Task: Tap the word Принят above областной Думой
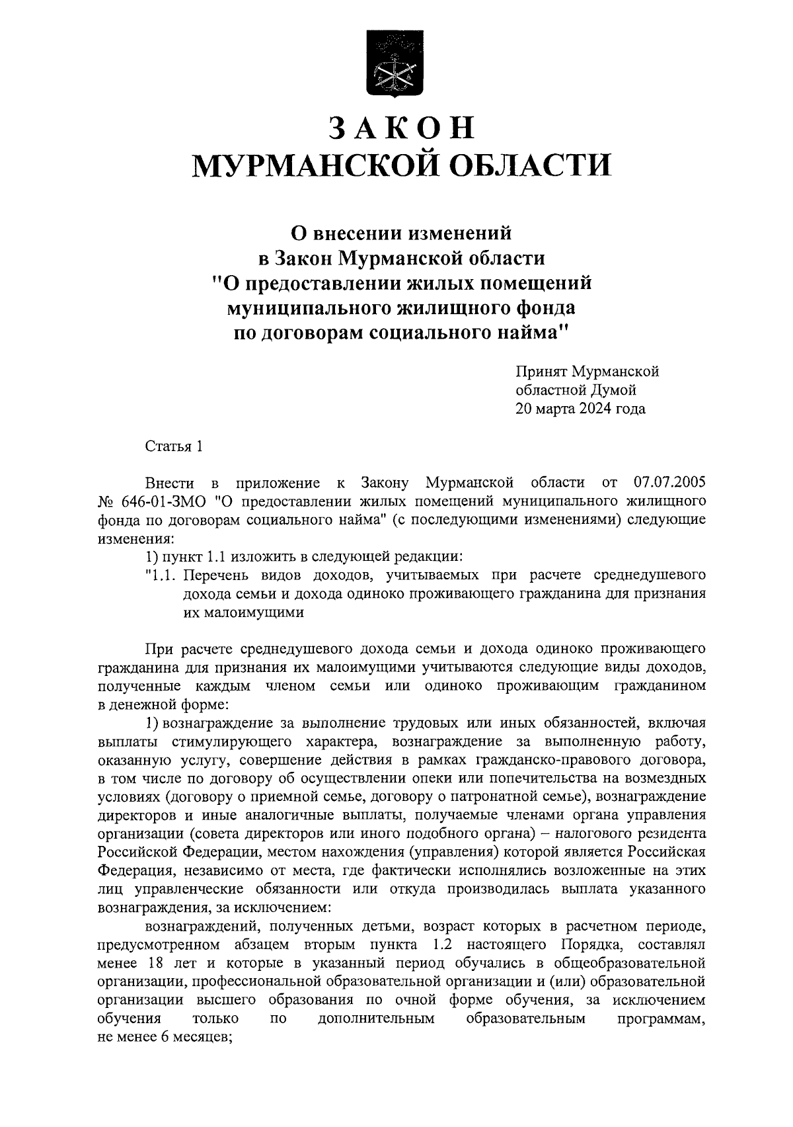click(x=542, y=372)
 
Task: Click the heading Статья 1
click(x=173, y=446)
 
